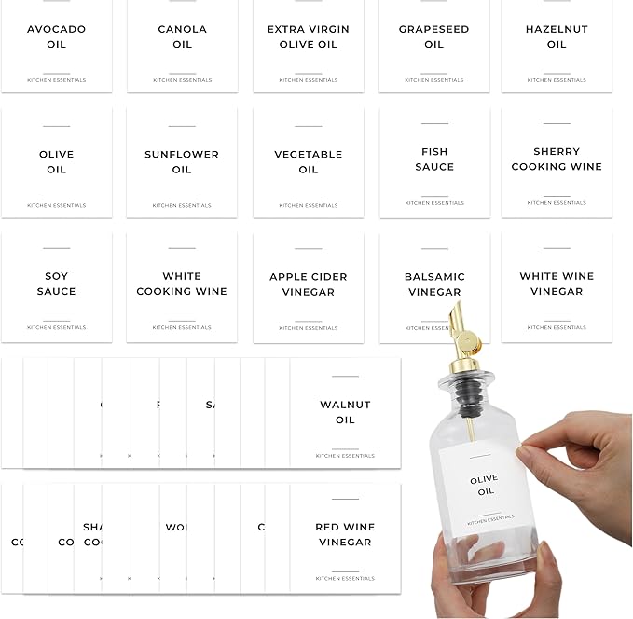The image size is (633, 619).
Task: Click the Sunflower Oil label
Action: click(182, 162)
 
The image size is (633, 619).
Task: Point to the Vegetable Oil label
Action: click(309, 162)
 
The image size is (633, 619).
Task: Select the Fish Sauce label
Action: click(434, 160)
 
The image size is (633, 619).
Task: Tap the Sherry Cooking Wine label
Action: click(557, 160)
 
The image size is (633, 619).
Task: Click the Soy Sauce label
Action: click(56, 284)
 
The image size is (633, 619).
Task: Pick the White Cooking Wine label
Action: click(182, 284)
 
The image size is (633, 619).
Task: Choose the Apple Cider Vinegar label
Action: click(309, 284)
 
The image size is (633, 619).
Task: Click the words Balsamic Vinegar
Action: click(434, 284)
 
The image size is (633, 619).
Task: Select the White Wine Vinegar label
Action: click(557, 284)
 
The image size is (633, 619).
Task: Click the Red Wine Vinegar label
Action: click(345, 535)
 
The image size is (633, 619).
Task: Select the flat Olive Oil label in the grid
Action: click(56, 162)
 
